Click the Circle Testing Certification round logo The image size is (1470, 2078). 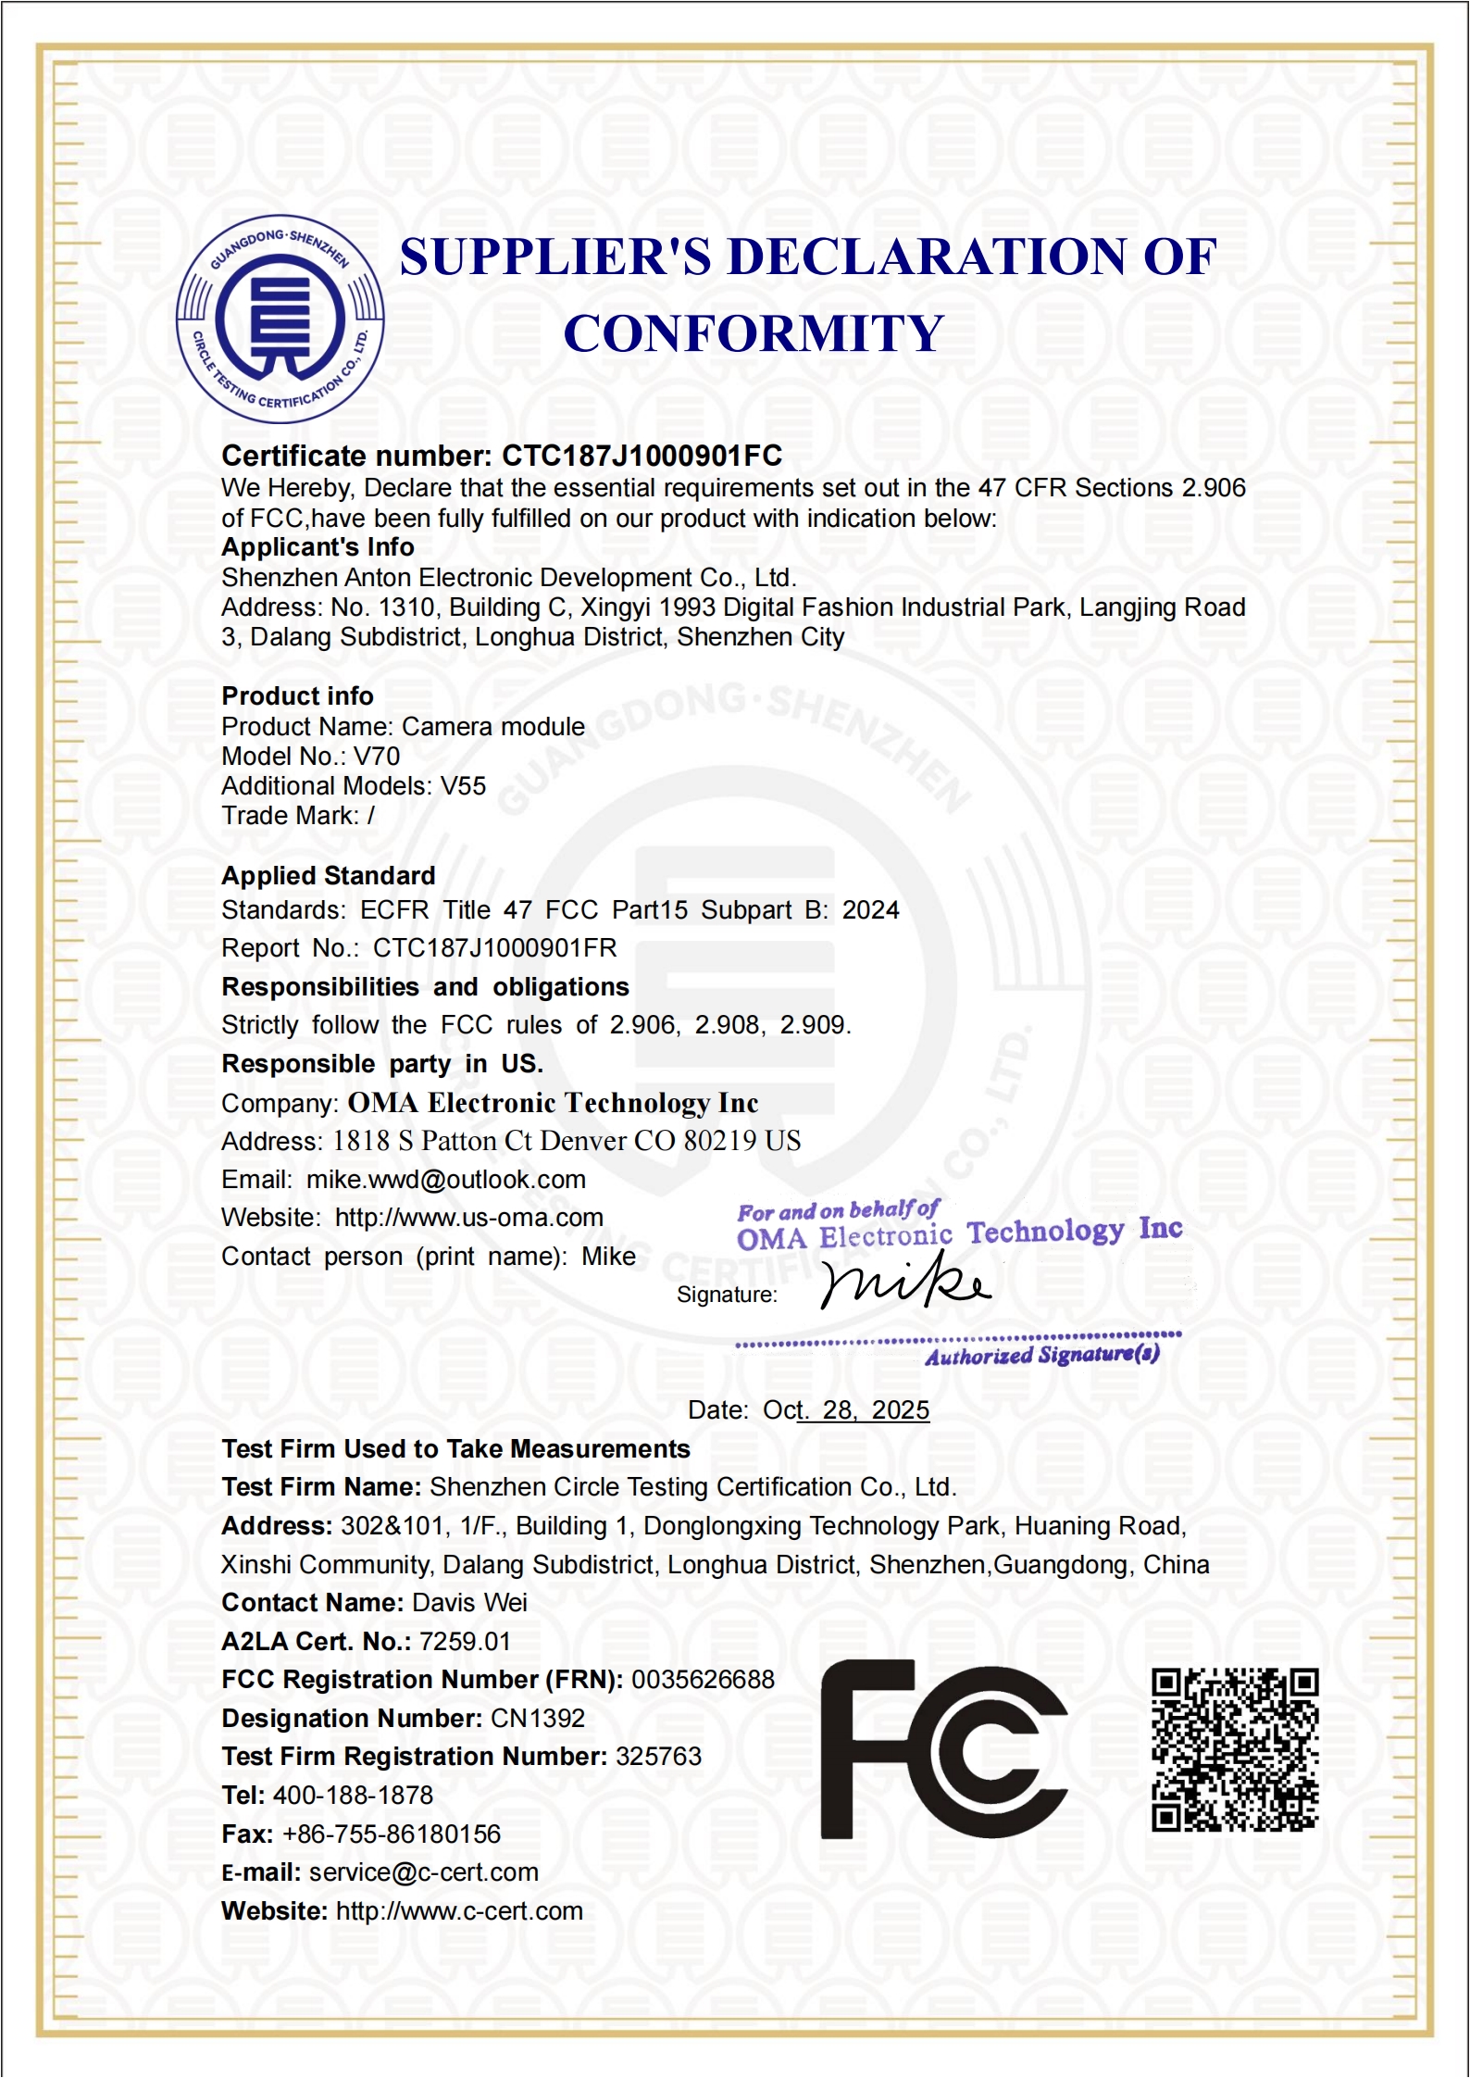click(280, 319)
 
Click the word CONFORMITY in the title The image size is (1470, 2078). click(754, 333)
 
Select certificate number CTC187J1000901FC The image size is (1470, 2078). click(642, 456)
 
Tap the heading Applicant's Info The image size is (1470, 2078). click(318, 547)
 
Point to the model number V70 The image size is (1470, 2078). click(377, 757)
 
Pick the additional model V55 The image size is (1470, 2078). click(463, 786)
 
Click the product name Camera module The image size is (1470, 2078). click(493, 727)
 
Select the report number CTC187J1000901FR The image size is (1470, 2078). click(494, 948)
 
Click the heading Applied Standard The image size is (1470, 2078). click(328, 876)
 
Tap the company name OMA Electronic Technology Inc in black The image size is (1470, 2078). click(553, 1103)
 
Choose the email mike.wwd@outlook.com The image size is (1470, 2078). click(446, 1180)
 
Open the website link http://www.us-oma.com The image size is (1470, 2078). click(468, 1218)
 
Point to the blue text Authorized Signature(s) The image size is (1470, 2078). click(1041, 1356)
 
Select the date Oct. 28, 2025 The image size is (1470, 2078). click(846, 1410)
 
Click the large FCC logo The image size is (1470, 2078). click(943, 1749)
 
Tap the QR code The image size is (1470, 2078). click(1234, 1749)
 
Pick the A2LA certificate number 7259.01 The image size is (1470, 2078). click(465, 1642)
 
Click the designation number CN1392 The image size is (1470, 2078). click(537, 1719)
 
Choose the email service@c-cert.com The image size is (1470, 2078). click(423, 1872)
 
